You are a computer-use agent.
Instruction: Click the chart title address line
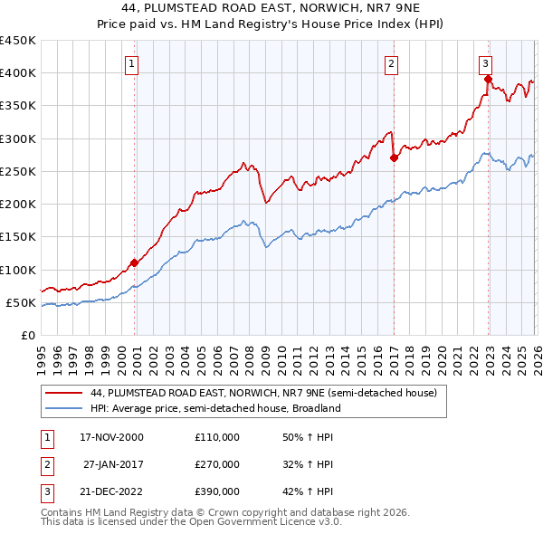click(271, 9)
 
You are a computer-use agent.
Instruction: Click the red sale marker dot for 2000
click(135, 262)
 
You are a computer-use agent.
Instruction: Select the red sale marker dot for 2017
click(394, 157)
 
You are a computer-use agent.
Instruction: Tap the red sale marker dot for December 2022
click(488, 79)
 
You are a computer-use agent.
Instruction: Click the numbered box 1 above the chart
click(132, 63)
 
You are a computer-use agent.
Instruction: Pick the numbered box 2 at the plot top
click(391, 63)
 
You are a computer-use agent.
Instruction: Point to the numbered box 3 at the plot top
click(486, 63)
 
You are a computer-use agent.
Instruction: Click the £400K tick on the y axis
click(18, 73)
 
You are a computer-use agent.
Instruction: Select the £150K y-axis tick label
click(18, 237)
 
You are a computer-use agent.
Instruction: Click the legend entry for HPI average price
click(214, 408)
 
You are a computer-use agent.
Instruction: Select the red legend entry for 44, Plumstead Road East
click(263, 393)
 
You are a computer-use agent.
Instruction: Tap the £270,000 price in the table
click(216, 464)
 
